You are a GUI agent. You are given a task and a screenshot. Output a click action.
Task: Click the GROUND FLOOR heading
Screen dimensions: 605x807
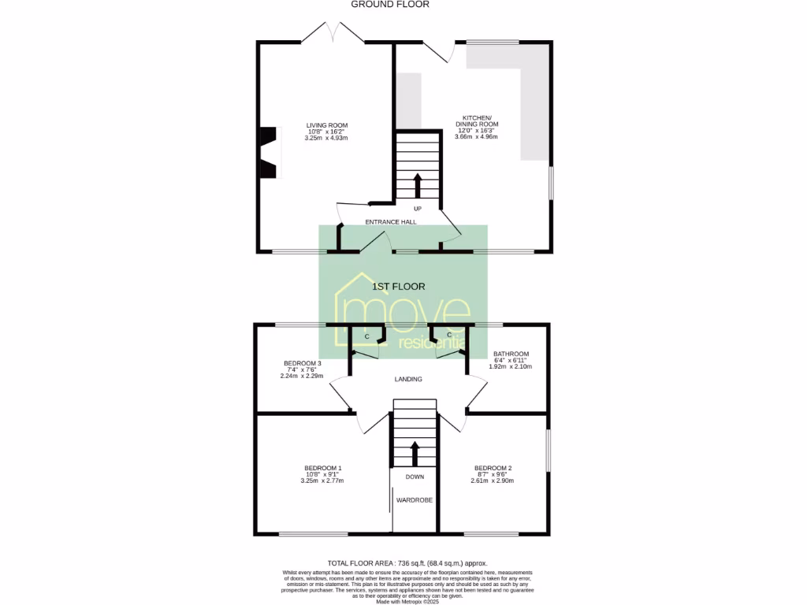pos(390,4)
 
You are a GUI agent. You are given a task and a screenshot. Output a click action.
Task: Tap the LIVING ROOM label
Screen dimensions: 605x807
pos(326,125)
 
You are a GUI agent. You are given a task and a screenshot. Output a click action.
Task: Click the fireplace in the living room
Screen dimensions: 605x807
pos(269,153)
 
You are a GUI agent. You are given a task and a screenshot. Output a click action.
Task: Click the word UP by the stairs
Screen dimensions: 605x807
pos(417,209)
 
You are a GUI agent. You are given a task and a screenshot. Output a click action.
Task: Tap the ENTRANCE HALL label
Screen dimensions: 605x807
pos(390,222)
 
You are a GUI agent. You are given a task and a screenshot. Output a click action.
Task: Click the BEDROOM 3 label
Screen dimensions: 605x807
pos(302,363)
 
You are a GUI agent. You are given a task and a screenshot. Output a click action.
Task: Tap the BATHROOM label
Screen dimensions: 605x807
pos(511,354)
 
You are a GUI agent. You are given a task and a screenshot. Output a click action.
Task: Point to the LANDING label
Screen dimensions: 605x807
pos(408,379)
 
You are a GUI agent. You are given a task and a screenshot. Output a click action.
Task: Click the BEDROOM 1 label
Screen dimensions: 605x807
pos(322,469)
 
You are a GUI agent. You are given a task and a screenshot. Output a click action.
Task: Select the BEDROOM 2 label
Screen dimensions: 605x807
pos(493,469)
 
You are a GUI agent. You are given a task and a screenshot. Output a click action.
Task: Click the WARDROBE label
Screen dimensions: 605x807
pos(414,500)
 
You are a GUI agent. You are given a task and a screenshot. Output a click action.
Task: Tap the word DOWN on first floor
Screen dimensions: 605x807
pos(415,477)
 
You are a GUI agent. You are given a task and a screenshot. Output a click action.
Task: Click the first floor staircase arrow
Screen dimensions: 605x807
pos(415,455)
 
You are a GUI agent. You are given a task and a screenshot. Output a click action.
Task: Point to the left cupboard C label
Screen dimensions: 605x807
pos(366,336)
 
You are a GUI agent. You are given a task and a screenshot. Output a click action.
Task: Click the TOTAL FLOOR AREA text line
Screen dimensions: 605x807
pos(407,563)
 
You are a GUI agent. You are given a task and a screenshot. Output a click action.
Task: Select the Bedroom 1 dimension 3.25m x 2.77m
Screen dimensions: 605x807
pos(322,481)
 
